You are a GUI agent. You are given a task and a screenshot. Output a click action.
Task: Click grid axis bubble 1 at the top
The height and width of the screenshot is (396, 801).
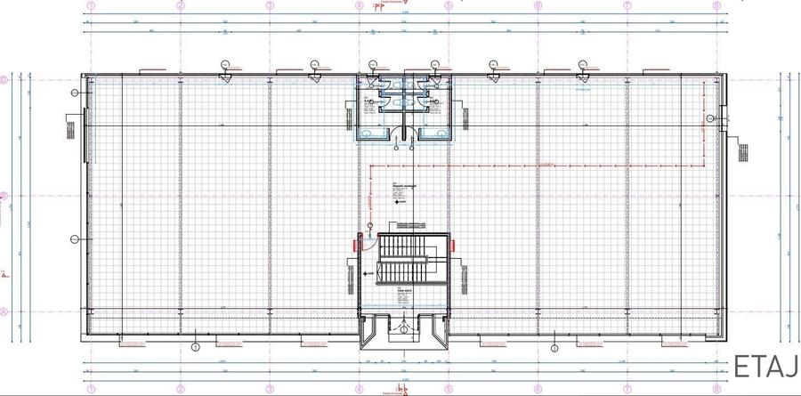(x=91, y=4)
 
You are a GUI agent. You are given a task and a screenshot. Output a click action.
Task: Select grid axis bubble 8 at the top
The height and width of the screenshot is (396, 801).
(x=716, y=4)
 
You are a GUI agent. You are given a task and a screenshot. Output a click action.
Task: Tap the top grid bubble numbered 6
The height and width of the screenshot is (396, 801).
(x=538, y=4)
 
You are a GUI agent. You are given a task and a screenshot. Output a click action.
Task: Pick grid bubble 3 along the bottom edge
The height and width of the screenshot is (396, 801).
(x=270, y=388)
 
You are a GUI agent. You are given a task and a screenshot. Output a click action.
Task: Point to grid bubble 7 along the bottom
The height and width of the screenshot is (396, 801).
(x=627, y=388)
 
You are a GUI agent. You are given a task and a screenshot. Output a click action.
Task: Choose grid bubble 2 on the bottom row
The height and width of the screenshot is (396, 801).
(x=180, y=388)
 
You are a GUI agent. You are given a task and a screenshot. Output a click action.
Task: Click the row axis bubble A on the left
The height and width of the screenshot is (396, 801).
(x=4, y=311)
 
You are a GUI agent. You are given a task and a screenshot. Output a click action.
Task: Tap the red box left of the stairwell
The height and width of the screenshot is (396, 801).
(x=358, y=240)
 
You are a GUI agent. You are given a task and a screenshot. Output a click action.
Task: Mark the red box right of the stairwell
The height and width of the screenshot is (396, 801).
(x=450, y=240)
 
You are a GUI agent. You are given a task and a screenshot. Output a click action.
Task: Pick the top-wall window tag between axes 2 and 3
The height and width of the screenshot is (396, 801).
(x=225, y=64)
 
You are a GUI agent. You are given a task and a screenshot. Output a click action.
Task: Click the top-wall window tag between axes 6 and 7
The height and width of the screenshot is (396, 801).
(x=582, y=64)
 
